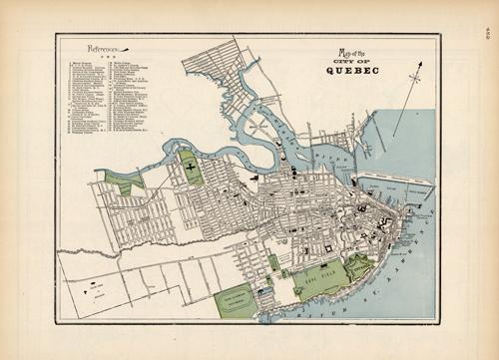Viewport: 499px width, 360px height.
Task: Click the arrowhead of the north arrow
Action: click(x=420, y=65)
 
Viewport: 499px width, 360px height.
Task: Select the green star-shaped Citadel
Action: click(x=361, y=264)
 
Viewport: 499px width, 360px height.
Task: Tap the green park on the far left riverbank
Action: click(x=124, y=181)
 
